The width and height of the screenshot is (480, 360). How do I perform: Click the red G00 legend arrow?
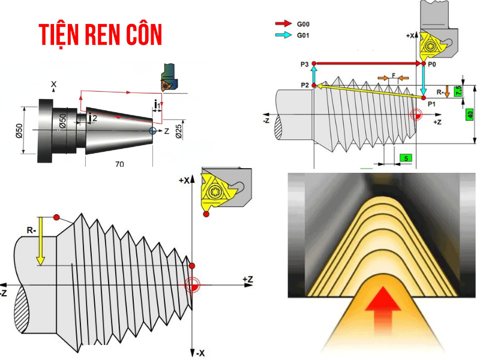click(283, 24)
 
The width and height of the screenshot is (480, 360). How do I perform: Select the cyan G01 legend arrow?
click(283, 35)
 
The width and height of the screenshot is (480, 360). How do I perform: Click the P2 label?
click(305, 85)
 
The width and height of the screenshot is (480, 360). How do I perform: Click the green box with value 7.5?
click(459, 91)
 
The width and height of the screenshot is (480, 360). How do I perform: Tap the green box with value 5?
click(406, 158)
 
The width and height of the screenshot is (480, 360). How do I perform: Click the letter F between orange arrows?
click(393, 77)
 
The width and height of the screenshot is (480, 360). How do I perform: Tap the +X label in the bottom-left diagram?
click(184, 180)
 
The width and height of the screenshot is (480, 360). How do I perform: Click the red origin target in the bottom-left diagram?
click(193, 285)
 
